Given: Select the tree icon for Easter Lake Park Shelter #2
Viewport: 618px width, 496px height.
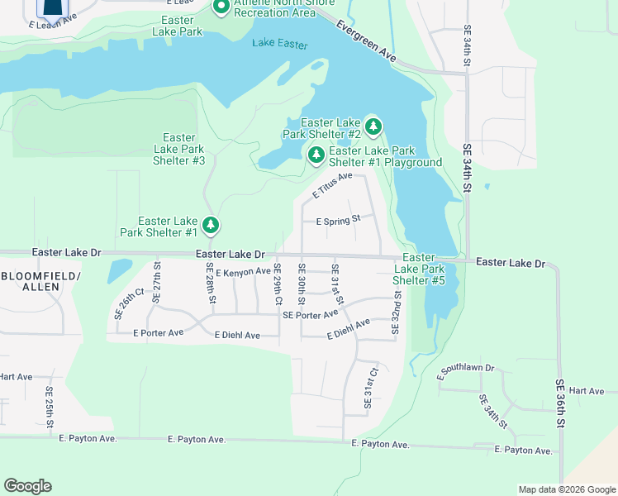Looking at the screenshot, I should tap(373, 127).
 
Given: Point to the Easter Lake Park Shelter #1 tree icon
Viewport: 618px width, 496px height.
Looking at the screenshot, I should tap(211, 225).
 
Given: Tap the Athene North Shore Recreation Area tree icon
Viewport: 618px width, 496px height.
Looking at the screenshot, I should tap(221, 7).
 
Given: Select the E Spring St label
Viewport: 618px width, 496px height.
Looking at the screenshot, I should tap(339, 221).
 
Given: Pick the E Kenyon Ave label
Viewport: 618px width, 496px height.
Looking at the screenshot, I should tap(243, 271).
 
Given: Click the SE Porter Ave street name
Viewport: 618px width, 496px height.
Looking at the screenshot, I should tap(310, 314).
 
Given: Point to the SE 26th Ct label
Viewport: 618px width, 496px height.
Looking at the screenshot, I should tap(129, 303).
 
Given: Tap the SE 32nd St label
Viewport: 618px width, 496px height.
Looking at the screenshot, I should tap(397, 312).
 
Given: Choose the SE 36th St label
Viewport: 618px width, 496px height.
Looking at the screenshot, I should tap(559, 403).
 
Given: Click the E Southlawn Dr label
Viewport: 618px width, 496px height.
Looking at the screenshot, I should tap(465, 372).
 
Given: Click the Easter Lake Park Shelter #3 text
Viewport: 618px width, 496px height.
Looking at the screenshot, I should tap(179, 149).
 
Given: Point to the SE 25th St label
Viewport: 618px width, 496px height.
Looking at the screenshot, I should tap(50, 407).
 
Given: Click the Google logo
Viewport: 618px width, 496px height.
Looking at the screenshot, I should tap(27, 486).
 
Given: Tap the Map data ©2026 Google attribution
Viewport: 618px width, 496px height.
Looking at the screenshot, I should tap(567, 489).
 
